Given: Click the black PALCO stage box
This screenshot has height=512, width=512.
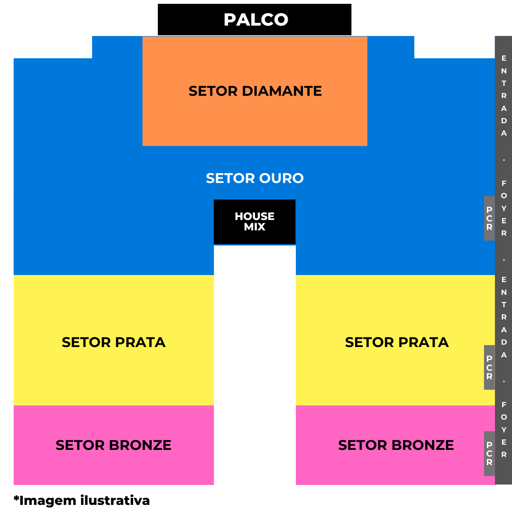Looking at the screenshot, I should point(255,19).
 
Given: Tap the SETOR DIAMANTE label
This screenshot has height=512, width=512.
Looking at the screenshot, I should point(255,91).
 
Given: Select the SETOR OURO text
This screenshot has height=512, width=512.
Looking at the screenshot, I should point(255,178).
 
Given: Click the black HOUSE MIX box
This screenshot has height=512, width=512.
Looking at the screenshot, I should point(255,222).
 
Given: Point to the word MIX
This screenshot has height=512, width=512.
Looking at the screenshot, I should point(255,227).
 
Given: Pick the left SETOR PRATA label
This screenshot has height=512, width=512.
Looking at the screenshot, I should point(113,342).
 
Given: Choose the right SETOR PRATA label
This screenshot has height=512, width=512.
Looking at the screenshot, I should point(396,342).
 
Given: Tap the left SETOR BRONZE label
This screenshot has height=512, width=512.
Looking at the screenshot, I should point(113,445).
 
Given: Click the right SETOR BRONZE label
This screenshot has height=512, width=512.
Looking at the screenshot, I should point(396,445).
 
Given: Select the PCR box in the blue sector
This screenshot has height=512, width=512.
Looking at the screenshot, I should point(489,218).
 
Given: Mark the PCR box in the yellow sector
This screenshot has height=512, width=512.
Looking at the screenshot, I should point(489,367).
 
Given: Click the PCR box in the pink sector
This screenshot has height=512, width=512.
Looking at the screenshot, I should point(489,453).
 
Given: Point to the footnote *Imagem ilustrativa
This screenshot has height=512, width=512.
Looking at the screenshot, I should point(82,500).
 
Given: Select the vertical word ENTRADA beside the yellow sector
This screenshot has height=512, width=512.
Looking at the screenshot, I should point(504,317).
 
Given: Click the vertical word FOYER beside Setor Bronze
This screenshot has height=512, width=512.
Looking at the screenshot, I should point(504,430).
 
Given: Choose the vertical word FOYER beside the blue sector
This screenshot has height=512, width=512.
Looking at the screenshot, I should point(504,208).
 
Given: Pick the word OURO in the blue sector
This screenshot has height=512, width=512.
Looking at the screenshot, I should point(282,178).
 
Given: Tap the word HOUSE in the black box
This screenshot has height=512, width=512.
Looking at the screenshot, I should point(255,216).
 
